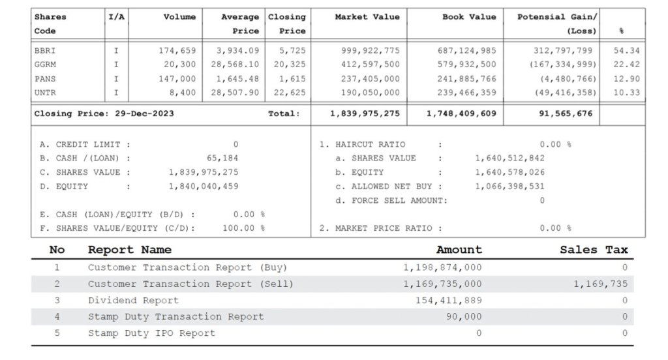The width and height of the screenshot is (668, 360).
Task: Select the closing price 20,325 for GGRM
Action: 289,65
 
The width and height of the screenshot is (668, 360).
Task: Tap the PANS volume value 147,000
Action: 177,78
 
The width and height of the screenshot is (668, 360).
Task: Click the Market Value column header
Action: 367,17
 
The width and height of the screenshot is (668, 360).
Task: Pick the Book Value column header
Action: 469,17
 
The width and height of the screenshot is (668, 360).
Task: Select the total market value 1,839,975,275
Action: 365,113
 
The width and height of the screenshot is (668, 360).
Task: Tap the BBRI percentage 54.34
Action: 627,50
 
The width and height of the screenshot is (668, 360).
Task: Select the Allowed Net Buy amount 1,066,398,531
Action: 509,186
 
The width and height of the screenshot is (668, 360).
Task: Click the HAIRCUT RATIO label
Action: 370,144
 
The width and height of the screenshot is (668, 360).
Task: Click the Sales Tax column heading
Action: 594,250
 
